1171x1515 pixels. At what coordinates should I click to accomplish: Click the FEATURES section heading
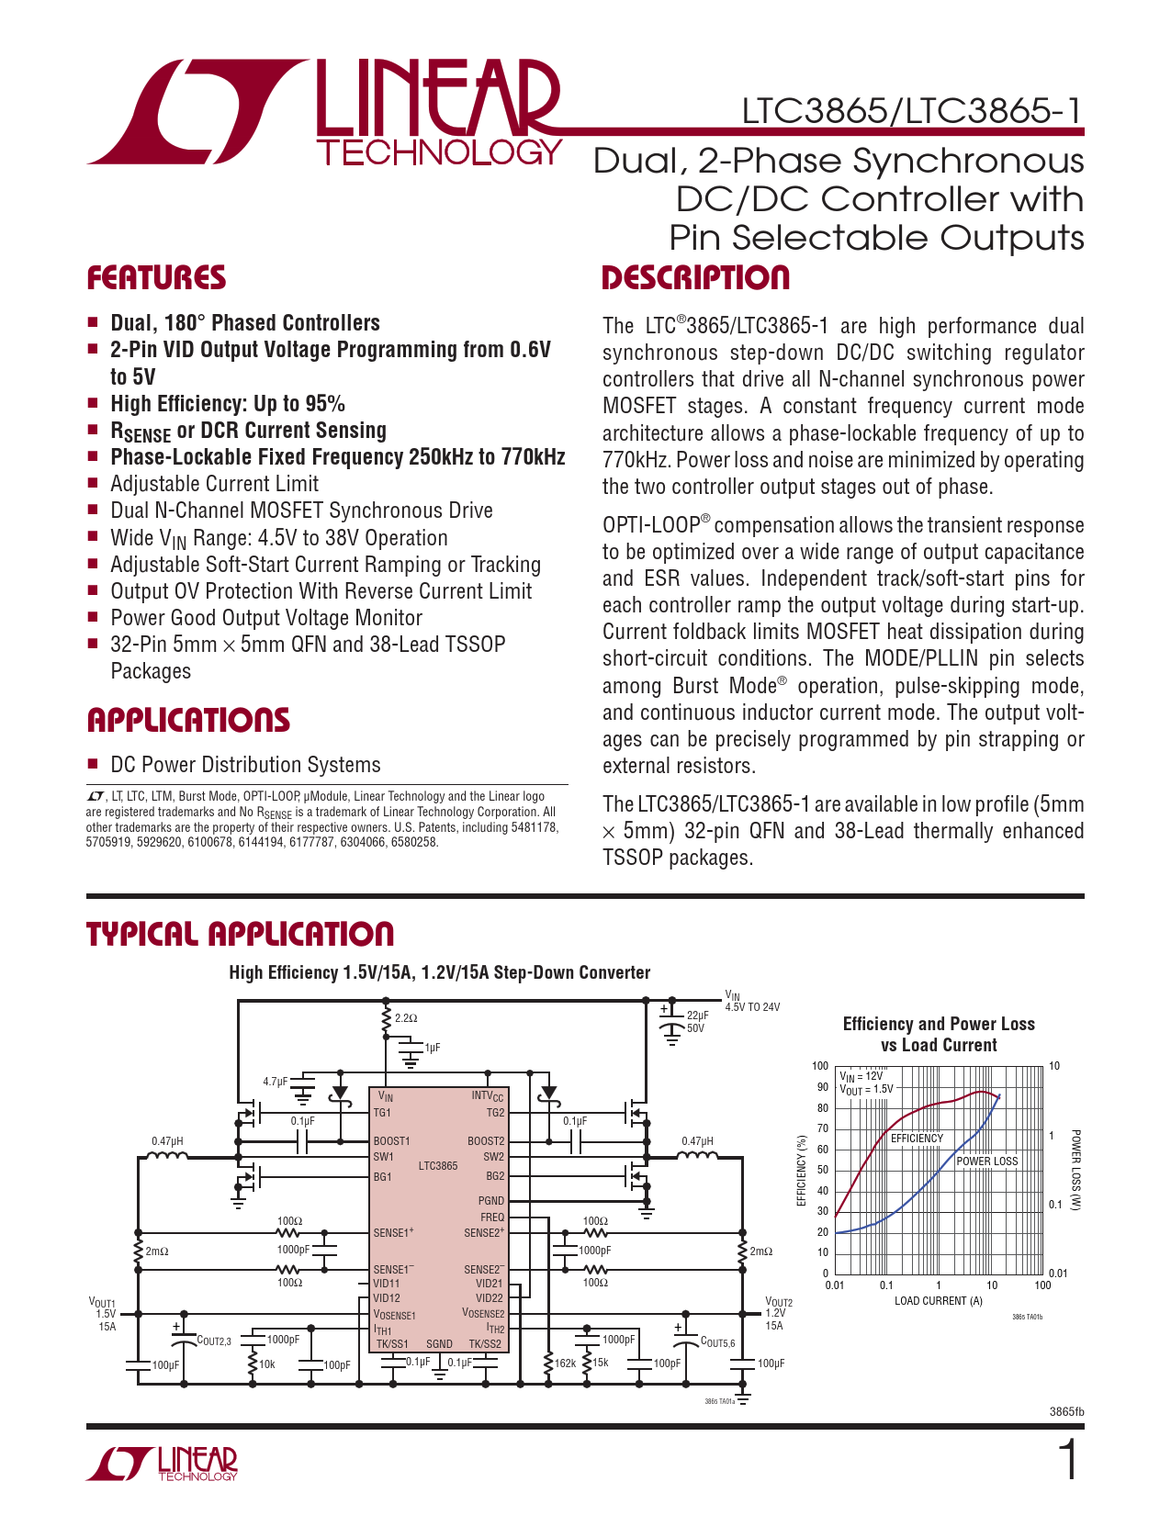(156, 277)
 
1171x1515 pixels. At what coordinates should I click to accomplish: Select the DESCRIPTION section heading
(695, 277)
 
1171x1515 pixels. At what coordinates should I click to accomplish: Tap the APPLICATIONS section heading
(188, 720)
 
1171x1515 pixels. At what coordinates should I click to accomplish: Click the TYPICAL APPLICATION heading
(240, 934)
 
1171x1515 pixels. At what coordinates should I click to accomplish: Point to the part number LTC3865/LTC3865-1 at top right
(912, 111)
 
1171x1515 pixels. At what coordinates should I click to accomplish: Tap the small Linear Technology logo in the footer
(162, 1464)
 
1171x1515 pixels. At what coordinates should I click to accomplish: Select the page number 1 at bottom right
(1068, 1460)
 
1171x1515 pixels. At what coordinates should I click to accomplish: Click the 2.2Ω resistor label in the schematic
(406, 1018)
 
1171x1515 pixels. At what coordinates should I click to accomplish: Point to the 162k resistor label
(565, 1363)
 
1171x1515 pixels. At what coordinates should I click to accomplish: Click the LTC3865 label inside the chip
(438, 1166)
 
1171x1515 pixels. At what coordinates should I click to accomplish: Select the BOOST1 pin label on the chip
(391, 1141)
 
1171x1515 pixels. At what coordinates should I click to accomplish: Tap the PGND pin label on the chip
(491, 1201)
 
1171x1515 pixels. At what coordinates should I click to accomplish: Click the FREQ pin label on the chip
(491, 1218)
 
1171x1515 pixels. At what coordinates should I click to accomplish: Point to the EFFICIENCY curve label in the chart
(917, 1139)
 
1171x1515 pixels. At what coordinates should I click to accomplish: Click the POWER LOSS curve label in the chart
(987, 1161)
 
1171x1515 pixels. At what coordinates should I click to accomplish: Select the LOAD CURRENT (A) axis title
(938, 1301)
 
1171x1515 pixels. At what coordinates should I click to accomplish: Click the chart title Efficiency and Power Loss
(938, 1024)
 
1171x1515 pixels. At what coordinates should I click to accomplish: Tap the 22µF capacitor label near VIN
(697, 1016)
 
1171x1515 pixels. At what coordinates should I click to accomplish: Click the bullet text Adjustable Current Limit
(214, 484)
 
